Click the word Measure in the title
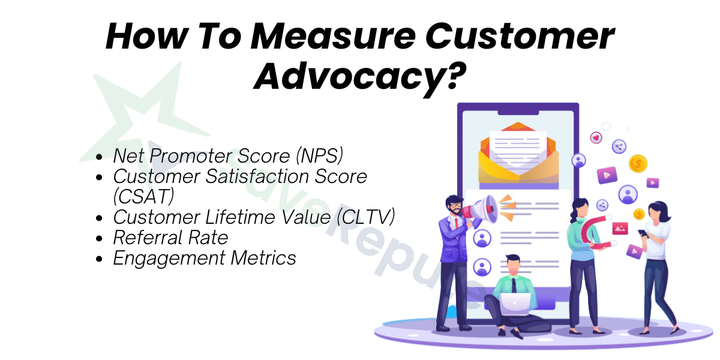coord(333,36)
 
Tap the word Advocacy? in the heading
coord(360,78)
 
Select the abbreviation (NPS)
coord(319,156)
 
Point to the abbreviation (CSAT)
coord(143,196)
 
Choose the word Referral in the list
coord(147,238)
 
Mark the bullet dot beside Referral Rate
coord(99,239)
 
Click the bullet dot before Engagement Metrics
coord(99,259)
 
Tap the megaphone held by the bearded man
coord(479,210)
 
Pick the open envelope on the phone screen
coord(518,154)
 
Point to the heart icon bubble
coord(596,138)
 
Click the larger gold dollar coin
coord(638,164)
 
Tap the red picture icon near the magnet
coord(620,229)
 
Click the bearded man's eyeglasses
coord(456,205)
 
